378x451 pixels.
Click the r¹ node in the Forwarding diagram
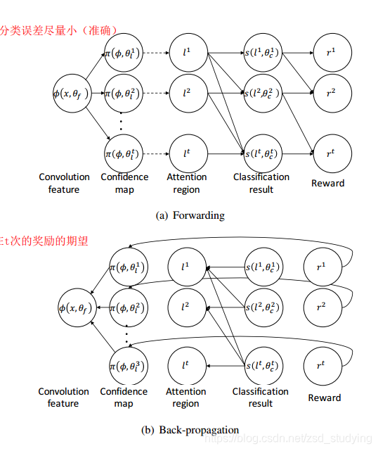point(328,54)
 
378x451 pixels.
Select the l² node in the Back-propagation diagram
point(185,306)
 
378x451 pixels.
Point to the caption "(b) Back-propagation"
point(190,429)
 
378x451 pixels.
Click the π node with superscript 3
point(128,365)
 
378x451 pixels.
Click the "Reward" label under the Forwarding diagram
point(328,183)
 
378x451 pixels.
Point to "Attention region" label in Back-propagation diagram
point(185,398)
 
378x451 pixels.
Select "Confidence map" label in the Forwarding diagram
point(124,183)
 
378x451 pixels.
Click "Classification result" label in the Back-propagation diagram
point(261,398)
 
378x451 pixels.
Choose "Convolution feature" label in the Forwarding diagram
point(64,183)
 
